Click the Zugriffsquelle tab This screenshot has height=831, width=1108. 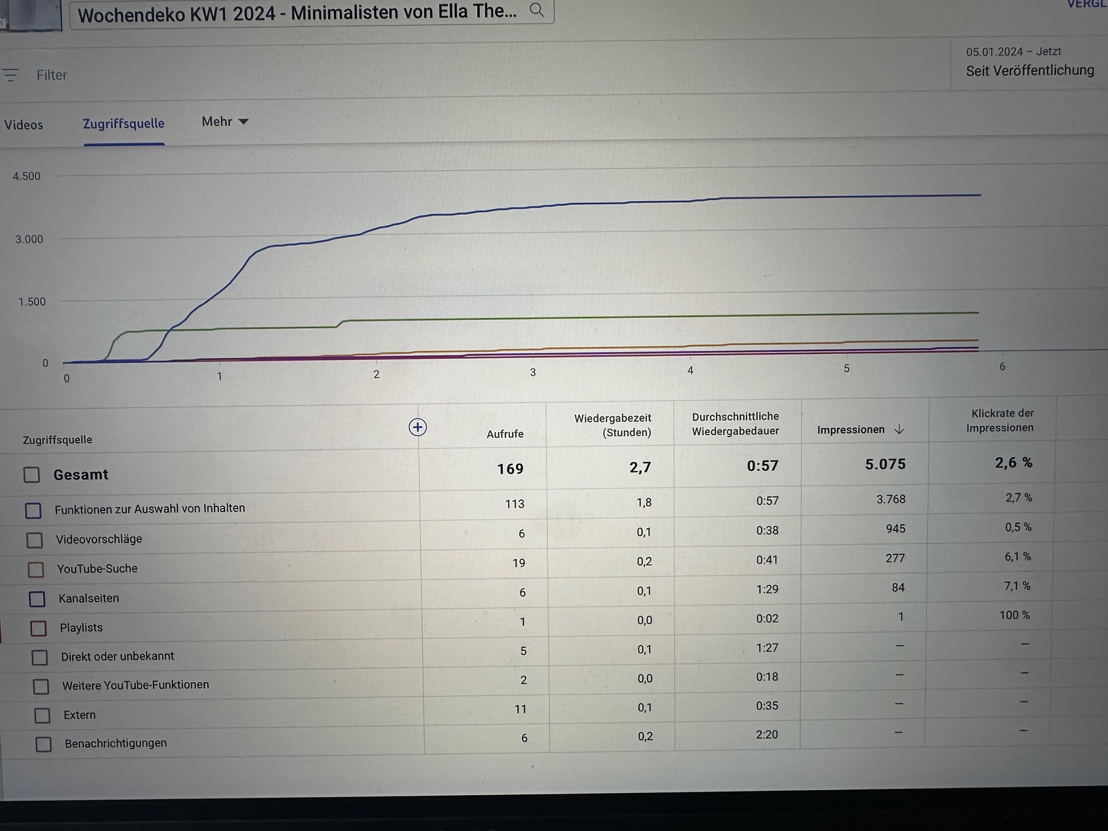[123, 124]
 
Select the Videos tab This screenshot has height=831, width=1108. [24, 125]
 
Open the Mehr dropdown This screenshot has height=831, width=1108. [224, 122]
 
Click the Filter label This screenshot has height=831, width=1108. [51, 75]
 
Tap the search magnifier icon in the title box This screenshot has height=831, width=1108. [537, 10]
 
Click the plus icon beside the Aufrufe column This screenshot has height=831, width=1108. [418, 427]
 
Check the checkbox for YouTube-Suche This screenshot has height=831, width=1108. [35, 569]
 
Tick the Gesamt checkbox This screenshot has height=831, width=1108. [32, 474]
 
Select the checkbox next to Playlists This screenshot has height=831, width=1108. [39, 628]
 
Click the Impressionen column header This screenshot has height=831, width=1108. [851, 430]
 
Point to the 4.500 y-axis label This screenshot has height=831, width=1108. [27, 177]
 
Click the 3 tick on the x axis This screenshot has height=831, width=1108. [533, 373]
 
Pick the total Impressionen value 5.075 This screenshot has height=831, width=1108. [885, 465]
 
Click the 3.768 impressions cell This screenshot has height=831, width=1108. [891, 499]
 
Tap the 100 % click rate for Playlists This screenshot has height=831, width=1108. [1014, 615]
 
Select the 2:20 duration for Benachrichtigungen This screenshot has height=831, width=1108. [767, 735]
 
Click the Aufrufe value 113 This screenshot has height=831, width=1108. [515, 504]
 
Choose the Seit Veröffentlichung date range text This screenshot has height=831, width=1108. [1030, 71]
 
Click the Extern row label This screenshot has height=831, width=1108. [80, 715]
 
